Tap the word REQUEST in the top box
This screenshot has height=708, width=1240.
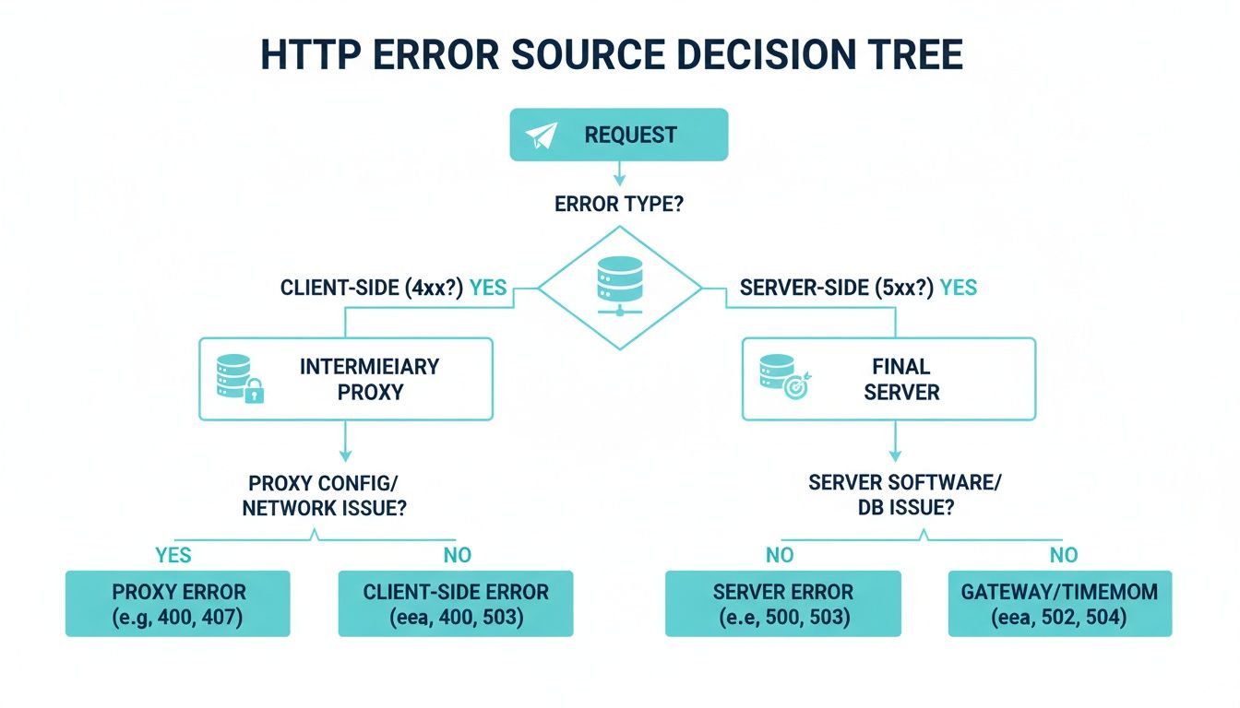tap(630, 136)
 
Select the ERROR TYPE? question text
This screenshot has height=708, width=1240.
tap(618, 204)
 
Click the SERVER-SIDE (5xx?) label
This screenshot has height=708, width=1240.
tap(837, 288)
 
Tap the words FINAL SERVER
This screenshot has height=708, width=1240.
tap(901, 379)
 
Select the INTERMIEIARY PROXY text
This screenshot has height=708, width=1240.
tap(369, 379)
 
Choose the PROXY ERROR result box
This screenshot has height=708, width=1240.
tap(177, 604)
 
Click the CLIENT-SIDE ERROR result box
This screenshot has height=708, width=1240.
tap(456, 604)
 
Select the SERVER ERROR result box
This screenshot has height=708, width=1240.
tap(782, 604)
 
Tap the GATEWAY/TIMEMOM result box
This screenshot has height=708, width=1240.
tap(1059, 604)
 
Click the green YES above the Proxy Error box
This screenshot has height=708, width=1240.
tap(174, 555)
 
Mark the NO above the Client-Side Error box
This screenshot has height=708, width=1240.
tap(457, 555)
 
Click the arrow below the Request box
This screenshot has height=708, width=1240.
tap(619, 173)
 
